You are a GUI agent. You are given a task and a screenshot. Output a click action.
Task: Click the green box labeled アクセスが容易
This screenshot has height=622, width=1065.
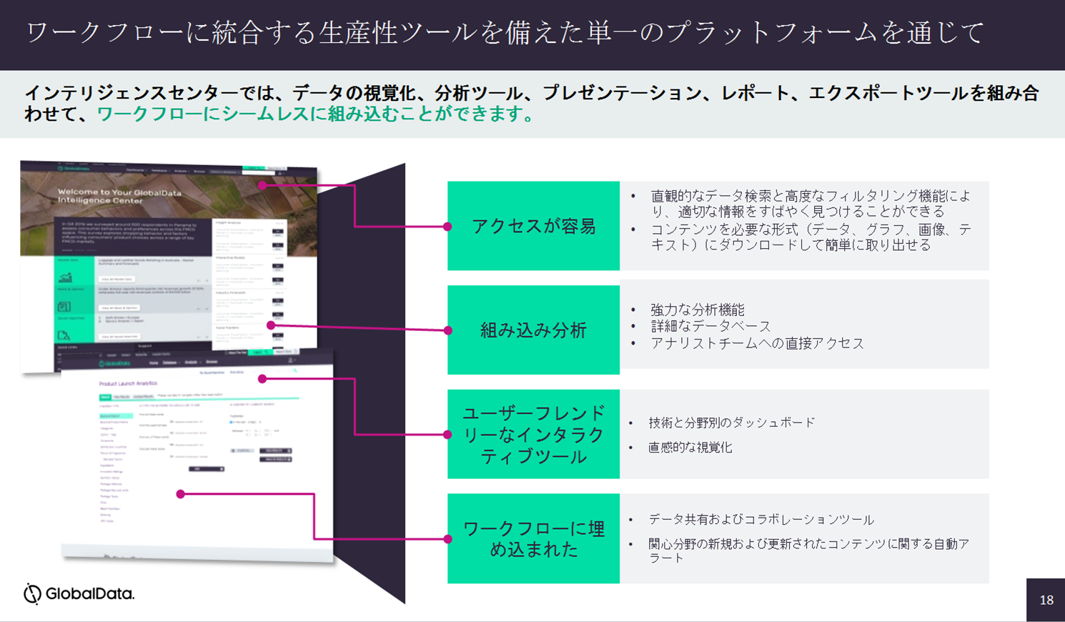tap(533, 226)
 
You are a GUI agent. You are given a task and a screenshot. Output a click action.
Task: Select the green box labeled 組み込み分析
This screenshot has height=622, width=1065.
tap(533, 330)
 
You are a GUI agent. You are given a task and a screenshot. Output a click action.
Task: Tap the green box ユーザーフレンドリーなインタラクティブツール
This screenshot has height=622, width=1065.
tap(533, 434)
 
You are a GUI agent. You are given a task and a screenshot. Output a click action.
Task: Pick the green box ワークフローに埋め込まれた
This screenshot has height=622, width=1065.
tap(533, 538)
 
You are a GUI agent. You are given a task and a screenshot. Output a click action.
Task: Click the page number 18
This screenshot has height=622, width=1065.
tap(1046, 600)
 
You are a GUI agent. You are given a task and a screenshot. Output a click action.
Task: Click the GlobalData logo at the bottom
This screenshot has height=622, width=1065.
tap(79, 593)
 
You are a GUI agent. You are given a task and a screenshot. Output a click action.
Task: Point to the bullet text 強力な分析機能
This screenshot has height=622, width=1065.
tap(697, 310)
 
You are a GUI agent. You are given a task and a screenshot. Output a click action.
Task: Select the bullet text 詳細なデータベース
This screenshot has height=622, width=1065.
tap(710, 326)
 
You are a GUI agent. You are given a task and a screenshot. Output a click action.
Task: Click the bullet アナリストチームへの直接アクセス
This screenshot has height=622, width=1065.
tap(756, 343)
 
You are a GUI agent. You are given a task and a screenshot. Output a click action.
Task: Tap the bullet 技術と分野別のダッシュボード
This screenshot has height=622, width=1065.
tap(731, 423)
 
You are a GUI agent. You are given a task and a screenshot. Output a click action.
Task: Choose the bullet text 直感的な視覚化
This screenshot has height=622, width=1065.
tap(690, 448)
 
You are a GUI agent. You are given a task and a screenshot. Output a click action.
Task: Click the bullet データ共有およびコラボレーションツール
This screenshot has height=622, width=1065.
tap(761, 519)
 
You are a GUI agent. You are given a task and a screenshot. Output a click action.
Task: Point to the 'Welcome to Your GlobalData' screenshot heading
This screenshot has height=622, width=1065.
tap(119, 196)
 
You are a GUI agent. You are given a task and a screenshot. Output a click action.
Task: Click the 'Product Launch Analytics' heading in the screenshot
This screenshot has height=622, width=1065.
tap(128, 384)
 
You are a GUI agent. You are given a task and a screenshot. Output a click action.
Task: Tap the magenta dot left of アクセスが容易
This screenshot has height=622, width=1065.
tap(447, 227)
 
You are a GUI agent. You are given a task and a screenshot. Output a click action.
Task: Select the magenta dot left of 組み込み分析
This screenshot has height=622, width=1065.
tap(447, 330)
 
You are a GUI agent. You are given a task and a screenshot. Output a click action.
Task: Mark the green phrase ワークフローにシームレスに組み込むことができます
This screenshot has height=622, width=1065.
tap(314, 114)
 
